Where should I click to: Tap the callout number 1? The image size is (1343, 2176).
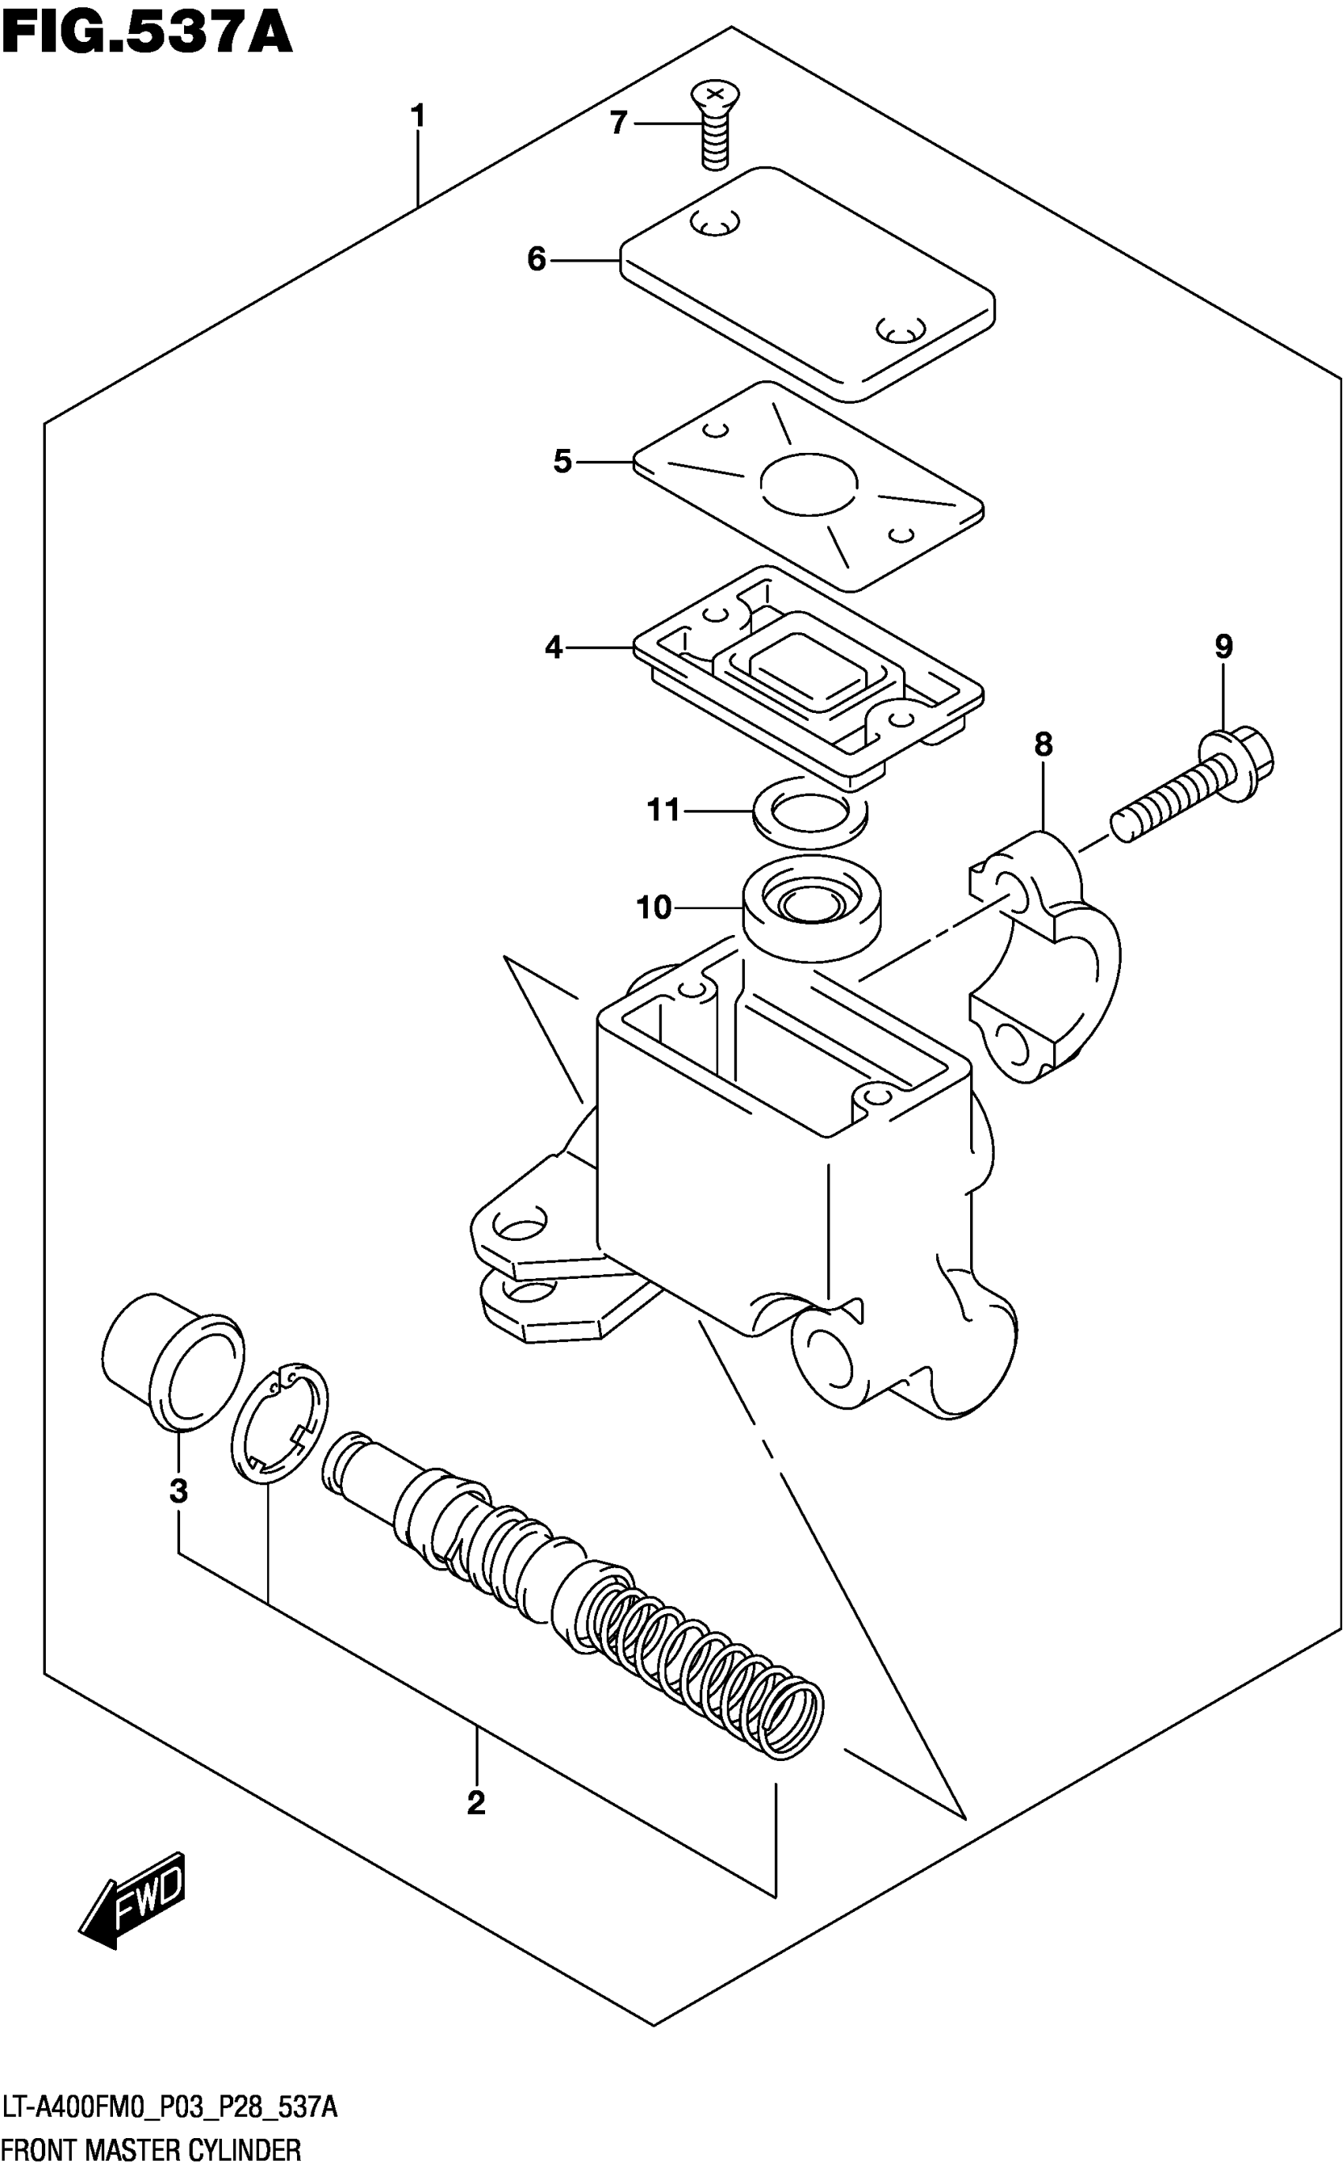coord(417,116)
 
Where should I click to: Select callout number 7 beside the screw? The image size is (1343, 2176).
coord(619,123)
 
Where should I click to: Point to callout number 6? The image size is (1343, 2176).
coord(536,259)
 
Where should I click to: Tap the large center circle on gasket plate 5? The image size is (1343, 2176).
coord(808,484)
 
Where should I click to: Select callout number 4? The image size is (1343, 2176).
coord(553,647)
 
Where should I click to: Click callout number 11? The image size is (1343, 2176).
coord(663,810)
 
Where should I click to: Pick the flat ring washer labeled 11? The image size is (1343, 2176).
coord(810,811)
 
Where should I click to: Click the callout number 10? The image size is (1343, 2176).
coord(654,908)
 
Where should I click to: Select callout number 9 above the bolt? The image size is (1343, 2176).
coord(1223,647)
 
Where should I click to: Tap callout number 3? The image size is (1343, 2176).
coord(179,1491)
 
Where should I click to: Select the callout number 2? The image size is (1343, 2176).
coord(476,1804)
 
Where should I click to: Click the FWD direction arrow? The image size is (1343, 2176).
coord(134,1903)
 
